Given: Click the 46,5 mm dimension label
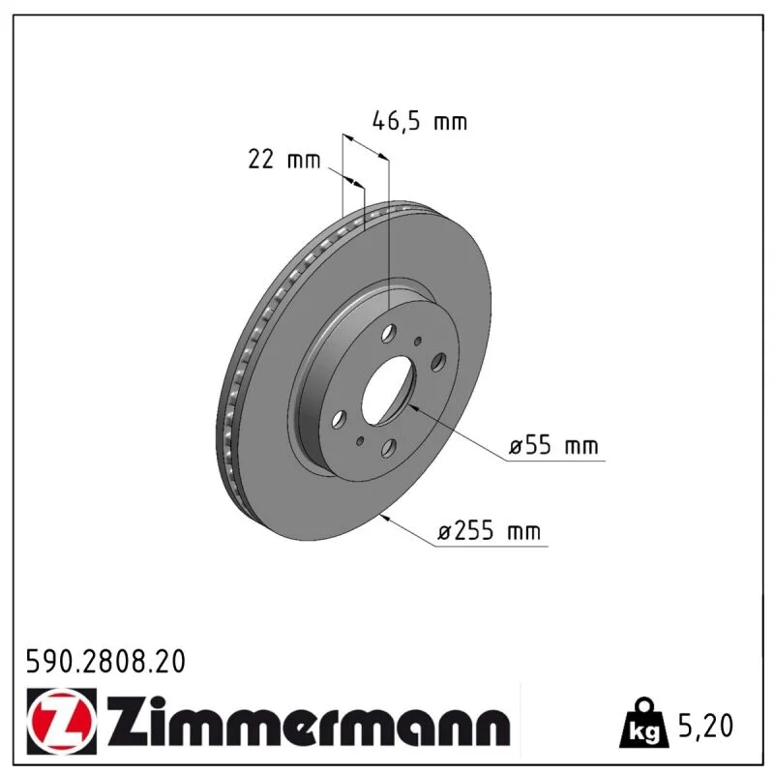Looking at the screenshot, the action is click(420, 122).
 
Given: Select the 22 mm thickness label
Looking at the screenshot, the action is click(284, 160).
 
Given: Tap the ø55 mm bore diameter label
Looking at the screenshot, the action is click(553, 446).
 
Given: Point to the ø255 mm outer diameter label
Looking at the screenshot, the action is click(490, 530).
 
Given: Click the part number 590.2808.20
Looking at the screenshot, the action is click(105, 662).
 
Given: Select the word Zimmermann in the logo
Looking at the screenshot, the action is click(308, 722).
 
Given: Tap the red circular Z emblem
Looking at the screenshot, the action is click(61, 721).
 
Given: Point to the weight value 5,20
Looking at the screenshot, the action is click(706, 726).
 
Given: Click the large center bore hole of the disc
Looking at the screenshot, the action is click(389, 390).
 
